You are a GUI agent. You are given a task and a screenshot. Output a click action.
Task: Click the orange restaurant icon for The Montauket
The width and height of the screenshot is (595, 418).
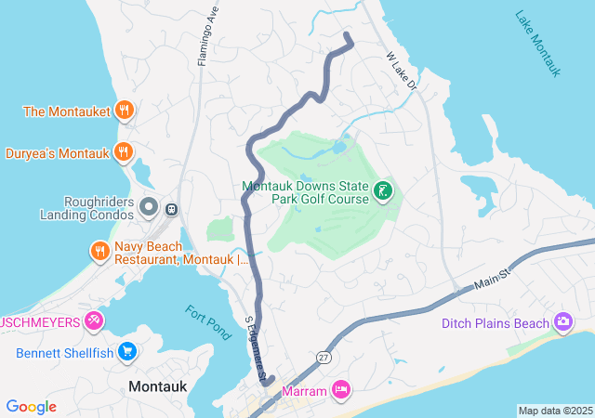coord(125,111)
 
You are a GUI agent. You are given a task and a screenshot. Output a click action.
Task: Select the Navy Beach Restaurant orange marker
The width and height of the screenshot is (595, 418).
coord(99,251)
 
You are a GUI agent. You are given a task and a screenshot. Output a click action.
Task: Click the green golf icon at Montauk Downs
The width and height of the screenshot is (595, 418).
coord(382,191)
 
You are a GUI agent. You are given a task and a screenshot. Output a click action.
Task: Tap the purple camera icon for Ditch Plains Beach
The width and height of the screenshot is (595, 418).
coord(562,322)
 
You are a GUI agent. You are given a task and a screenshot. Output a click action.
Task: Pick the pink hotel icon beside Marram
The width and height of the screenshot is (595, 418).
coord(341,391)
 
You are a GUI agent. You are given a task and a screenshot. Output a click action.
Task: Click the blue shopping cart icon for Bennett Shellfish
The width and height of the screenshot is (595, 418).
coord(128,352)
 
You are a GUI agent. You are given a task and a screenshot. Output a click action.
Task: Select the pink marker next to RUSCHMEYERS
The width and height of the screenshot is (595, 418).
coord(94,321)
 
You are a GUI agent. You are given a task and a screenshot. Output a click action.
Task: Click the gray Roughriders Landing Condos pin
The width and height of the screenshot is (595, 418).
coord(149,205)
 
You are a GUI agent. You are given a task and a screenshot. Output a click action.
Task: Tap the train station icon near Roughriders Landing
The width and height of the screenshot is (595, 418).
coord(171,208)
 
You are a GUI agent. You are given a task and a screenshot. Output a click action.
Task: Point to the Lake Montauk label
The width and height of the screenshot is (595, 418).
coord(538,45)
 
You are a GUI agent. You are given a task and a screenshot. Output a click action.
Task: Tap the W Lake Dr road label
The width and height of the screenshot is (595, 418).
coord(403,72)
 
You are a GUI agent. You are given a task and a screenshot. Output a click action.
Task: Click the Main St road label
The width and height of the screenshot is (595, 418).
coord(493,277)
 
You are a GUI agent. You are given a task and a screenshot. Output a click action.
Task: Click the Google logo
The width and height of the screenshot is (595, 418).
coord(31,407)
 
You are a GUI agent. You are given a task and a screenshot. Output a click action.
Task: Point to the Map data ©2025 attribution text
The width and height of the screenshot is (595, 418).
coord(555,411)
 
